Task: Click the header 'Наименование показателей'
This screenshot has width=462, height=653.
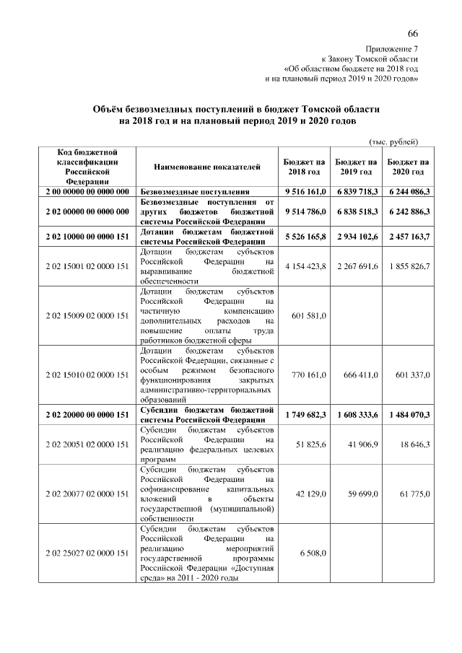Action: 206,167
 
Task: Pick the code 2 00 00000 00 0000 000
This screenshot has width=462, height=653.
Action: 87,193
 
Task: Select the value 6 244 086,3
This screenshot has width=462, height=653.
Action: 408,193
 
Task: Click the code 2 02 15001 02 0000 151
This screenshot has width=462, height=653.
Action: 87,266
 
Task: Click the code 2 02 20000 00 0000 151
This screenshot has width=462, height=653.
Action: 87,415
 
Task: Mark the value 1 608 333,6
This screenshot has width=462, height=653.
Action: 357,415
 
